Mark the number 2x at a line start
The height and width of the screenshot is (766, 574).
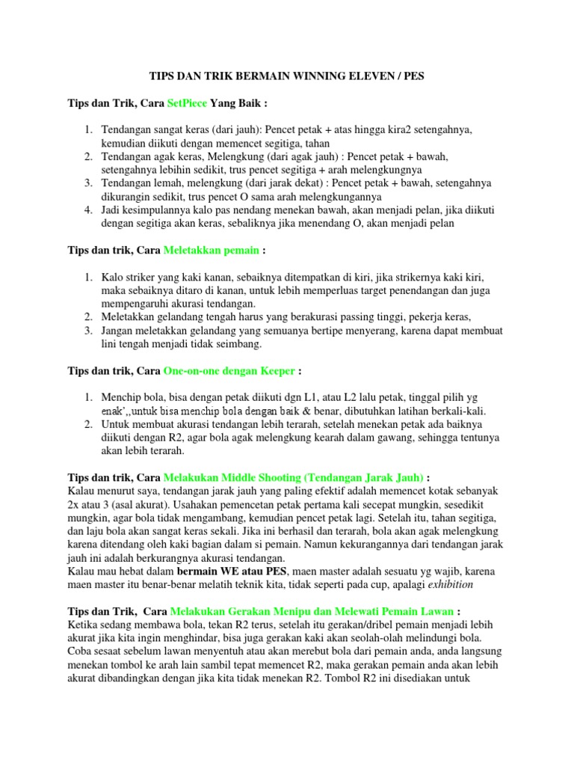pos(75,504)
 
